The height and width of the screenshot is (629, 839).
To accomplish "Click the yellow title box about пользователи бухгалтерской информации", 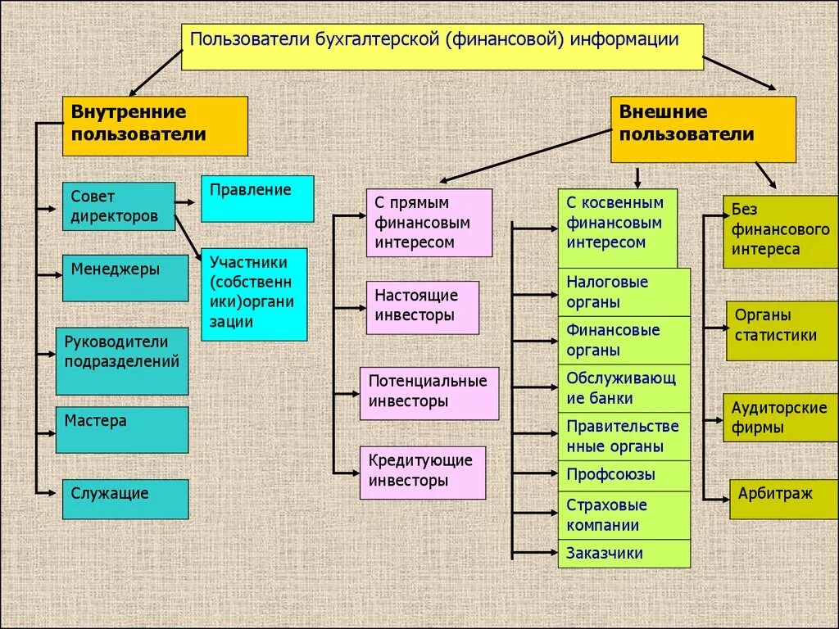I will [x=442, y=47].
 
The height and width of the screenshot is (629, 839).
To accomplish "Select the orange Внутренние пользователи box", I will [x=155, y=126].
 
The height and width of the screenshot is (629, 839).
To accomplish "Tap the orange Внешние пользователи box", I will [x=702, y=129].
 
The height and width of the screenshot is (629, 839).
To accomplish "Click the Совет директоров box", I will [x=119, y=206].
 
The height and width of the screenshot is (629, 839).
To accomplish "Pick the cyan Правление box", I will [x=257, y=198].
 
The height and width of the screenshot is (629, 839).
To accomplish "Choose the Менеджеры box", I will [x=125, y=278].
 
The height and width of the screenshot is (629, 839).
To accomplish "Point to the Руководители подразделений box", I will [x=122, y=360].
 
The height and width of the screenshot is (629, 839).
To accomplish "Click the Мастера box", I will [x=122, y=429].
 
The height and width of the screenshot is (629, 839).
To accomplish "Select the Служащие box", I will [x=125, y=499].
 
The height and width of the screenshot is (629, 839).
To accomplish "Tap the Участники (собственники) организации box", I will [x=254, y=294].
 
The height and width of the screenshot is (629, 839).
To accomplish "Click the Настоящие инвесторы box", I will [x=422, y=307].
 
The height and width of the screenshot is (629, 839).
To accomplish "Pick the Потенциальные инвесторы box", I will [x=429, y=393].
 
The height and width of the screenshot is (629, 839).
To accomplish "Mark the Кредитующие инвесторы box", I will [x=422, y=473].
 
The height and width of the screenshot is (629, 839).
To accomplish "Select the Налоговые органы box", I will [x=624, y=292].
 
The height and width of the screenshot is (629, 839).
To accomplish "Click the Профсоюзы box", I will [x=624, y=475].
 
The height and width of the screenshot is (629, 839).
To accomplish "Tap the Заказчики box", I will [x=624, y=554].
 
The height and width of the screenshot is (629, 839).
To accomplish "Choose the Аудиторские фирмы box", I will [x=781, y=418].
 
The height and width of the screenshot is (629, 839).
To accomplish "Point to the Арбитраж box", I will [x=783, y=499].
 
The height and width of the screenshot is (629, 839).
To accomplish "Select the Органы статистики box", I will [x=782, y=330].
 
